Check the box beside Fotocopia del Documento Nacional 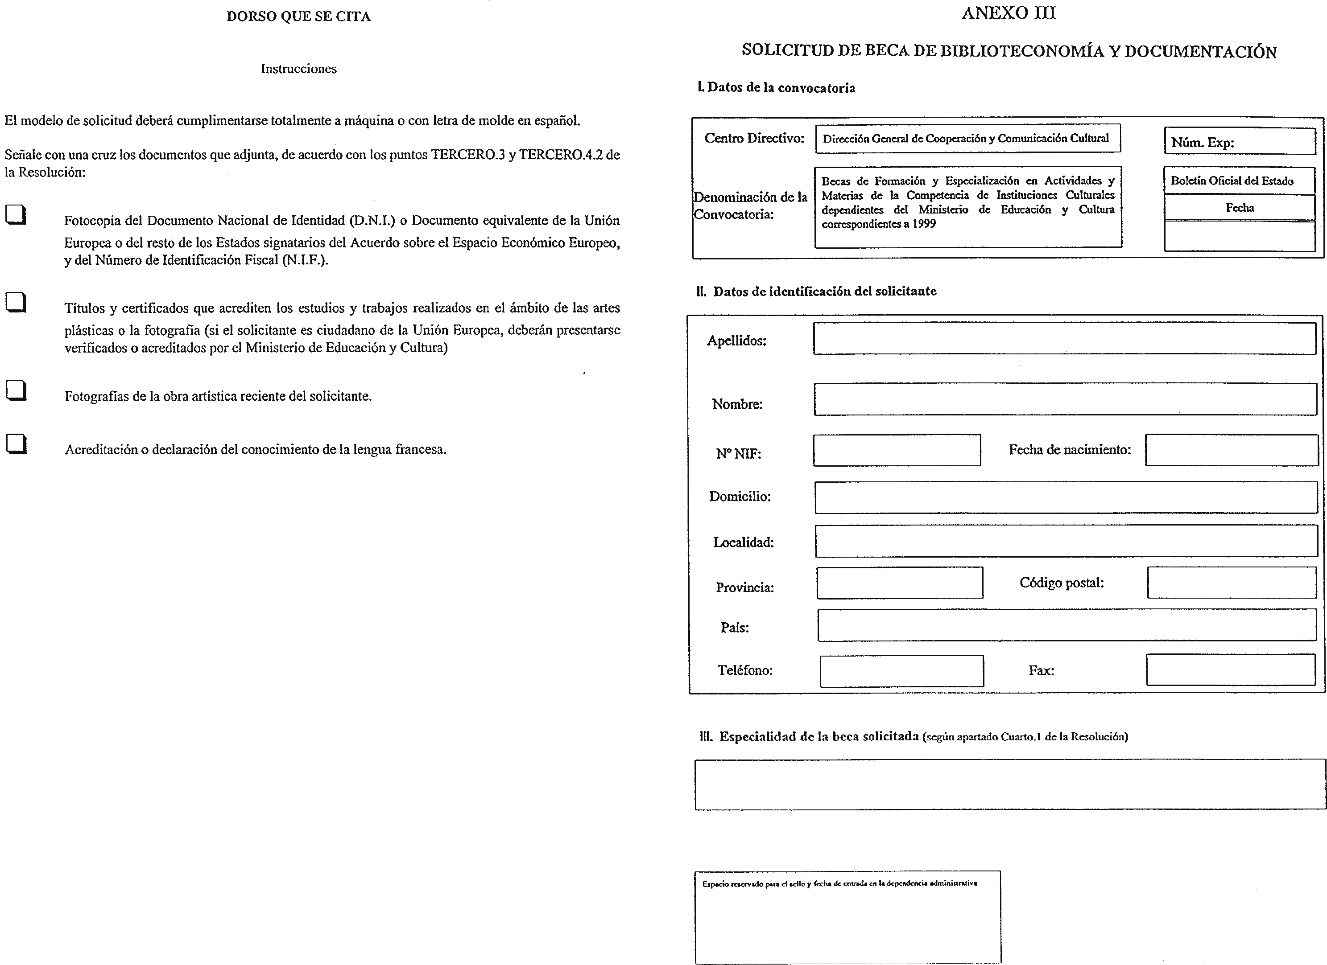click(x=16, y=215)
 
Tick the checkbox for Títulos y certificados click(x=16, y=302)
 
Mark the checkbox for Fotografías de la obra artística click(x=16, y=390)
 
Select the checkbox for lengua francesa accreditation click(x=16, y=444)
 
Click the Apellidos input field click(x=1064, y=339)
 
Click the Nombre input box click(x=1065, y=399)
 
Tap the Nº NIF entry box click(x=897, y=450)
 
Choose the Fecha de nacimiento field click(x=1231, y=450)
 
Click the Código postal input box click(x=1232, y=583)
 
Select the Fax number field click(x=1231, y=669)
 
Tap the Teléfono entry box click(x=901, y=671)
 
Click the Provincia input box click(x=899, y=583)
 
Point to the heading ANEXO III click(x=1009, y=13)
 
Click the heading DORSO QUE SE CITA click(x=298, y=16)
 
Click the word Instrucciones click(x=298, y=69)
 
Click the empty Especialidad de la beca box click(x=1009, y=784)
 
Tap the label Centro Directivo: click(x=754, y=139)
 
